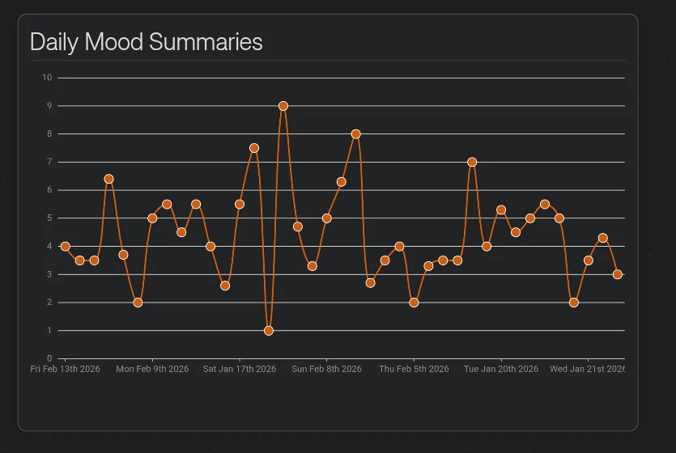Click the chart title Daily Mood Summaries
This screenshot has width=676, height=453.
pos(147,42)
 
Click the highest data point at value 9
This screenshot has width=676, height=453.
pos(283,106)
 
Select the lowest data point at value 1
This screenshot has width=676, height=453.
pos(269,331)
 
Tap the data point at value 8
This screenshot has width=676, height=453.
pos(355,134)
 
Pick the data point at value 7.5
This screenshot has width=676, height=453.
pos(254,148)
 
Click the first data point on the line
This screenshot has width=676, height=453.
pos(65,246)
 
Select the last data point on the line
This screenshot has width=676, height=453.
pos(618,274)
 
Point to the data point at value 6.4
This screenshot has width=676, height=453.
pos(108,179)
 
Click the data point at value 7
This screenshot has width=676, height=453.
pos(472,162)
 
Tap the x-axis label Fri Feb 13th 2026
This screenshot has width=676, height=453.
pos(65,369)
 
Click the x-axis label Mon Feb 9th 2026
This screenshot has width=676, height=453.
pos(152,369)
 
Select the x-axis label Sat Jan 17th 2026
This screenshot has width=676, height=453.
pos(240,369)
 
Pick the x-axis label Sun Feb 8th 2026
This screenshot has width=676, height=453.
pos(327,369)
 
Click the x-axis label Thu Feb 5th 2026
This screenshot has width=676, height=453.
pos(414,369)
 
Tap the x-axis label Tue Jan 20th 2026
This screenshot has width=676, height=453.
pos(501,369)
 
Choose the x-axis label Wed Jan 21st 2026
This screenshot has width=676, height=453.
pos(587,369)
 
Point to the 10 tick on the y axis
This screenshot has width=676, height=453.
pos(47,78)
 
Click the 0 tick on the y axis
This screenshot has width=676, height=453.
pos(49,358)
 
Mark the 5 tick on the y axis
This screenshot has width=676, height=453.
pos(49,218)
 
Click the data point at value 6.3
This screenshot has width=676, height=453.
pos(342,182)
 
